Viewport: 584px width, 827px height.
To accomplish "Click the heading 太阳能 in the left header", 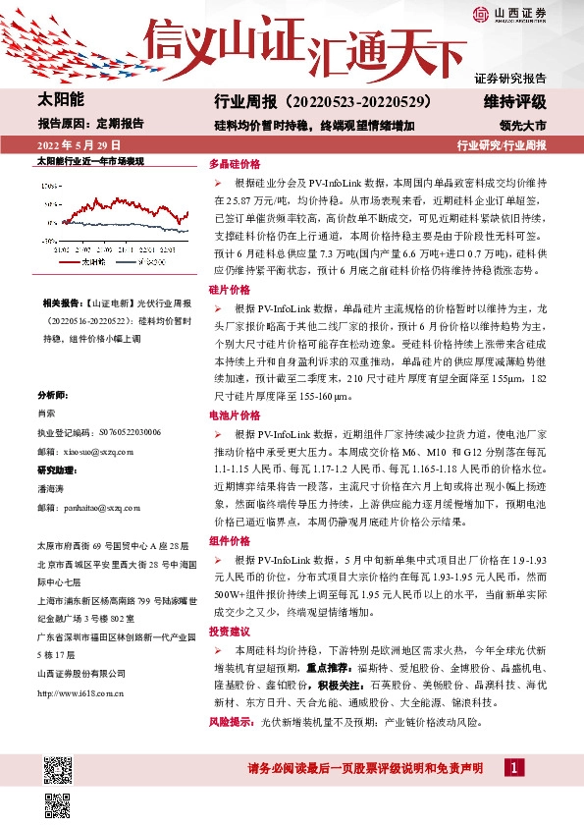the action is coord(61,101).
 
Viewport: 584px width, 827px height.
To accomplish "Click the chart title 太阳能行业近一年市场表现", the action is coord(90,159).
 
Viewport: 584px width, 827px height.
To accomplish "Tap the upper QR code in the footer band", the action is coord(57,768).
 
